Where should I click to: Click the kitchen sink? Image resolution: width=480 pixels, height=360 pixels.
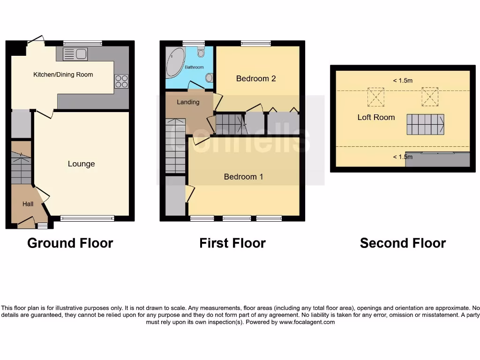[75, 55]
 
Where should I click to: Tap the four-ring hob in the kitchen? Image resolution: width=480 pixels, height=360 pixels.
[121, 82]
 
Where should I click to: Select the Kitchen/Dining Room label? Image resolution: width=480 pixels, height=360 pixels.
[63, 75]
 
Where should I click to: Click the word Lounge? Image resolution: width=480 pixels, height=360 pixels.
[81, 164]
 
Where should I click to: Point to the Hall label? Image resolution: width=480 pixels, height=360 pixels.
[28, 204]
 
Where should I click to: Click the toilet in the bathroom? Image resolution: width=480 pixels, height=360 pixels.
[201, 52]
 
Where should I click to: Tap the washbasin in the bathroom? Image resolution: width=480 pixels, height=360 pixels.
[209, 77]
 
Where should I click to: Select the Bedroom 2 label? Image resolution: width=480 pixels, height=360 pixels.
[255, 78]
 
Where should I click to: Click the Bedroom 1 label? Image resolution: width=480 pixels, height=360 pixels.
[243, 177]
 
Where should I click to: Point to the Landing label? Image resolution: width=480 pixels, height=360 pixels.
[188, 102]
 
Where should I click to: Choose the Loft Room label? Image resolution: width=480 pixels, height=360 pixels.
[376, 117]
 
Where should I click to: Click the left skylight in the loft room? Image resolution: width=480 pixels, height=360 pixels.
[376, 97]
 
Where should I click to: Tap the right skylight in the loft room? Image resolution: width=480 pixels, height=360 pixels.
[429, 97]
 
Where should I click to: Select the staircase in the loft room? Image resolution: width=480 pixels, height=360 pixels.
[425, 125]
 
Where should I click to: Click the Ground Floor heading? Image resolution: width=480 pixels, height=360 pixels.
[70, 243]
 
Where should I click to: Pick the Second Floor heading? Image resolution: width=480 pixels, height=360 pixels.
[403, 243]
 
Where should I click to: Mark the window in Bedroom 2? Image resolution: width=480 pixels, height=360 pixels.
[256, 44]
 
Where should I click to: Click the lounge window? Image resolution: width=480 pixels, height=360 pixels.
[87, 218]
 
